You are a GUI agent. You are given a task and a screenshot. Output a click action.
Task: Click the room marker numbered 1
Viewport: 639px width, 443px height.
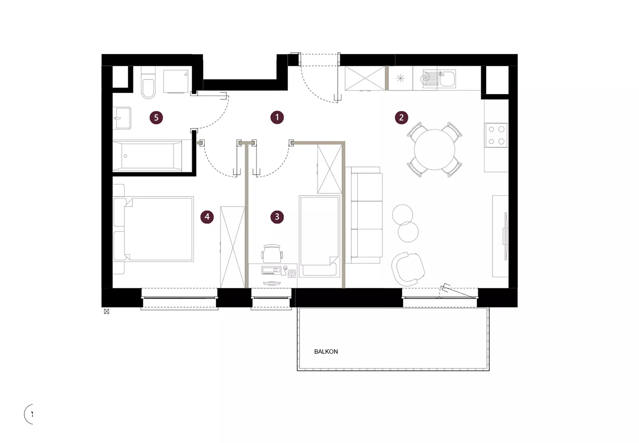click(x=277, y=117)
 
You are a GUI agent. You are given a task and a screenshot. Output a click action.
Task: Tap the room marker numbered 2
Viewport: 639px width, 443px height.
click(x=401, y=117)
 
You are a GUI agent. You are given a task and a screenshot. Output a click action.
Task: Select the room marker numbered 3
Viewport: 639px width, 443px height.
click(x=277, y=217)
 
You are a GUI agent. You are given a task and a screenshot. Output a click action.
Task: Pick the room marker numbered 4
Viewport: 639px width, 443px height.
click(x=207, y=217)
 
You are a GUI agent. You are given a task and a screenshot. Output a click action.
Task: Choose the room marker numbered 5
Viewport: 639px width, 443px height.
click(x=156, y=117)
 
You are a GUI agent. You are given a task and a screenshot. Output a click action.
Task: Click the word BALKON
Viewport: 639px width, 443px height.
click(x=326, y=352)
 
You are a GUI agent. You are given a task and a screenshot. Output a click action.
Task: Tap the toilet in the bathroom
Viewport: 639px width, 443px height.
click(x=148, y=83)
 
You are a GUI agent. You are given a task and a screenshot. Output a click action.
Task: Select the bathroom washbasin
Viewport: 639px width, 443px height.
click(x=122, y=118)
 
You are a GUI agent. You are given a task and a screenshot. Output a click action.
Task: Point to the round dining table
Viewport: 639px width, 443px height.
click(x=435, y=149)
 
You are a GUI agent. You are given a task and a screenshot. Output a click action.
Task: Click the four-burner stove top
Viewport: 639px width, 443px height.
click(x=497, y=135)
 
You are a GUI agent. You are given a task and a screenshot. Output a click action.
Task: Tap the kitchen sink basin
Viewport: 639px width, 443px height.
click(x=447, y=79)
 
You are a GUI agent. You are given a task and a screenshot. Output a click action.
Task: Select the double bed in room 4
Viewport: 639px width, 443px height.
click(x=153, y=229)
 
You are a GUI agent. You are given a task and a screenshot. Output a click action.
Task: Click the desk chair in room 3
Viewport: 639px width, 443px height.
click(x=272, y=254)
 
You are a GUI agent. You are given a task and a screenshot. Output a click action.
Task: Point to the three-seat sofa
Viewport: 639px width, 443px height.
click(x=364, y=215)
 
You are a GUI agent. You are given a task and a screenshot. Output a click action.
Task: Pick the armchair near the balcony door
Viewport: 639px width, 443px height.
click(x=408, y=269)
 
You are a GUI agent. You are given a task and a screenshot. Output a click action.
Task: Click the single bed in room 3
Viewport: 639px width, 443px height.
click(x=320, y=236)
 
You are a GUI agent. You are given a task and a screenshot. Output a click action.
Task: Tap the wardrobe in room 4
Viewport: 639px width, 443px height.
click(x=233, y=247)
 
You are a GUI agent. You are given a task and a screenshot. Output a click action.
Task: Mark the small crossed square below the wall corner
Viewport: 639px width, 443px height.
click(x=107, y=311)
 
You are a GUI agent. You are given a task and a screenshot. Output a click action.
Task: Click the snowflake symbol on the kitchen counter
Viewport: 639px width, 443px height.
click(x=401, y=78)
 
